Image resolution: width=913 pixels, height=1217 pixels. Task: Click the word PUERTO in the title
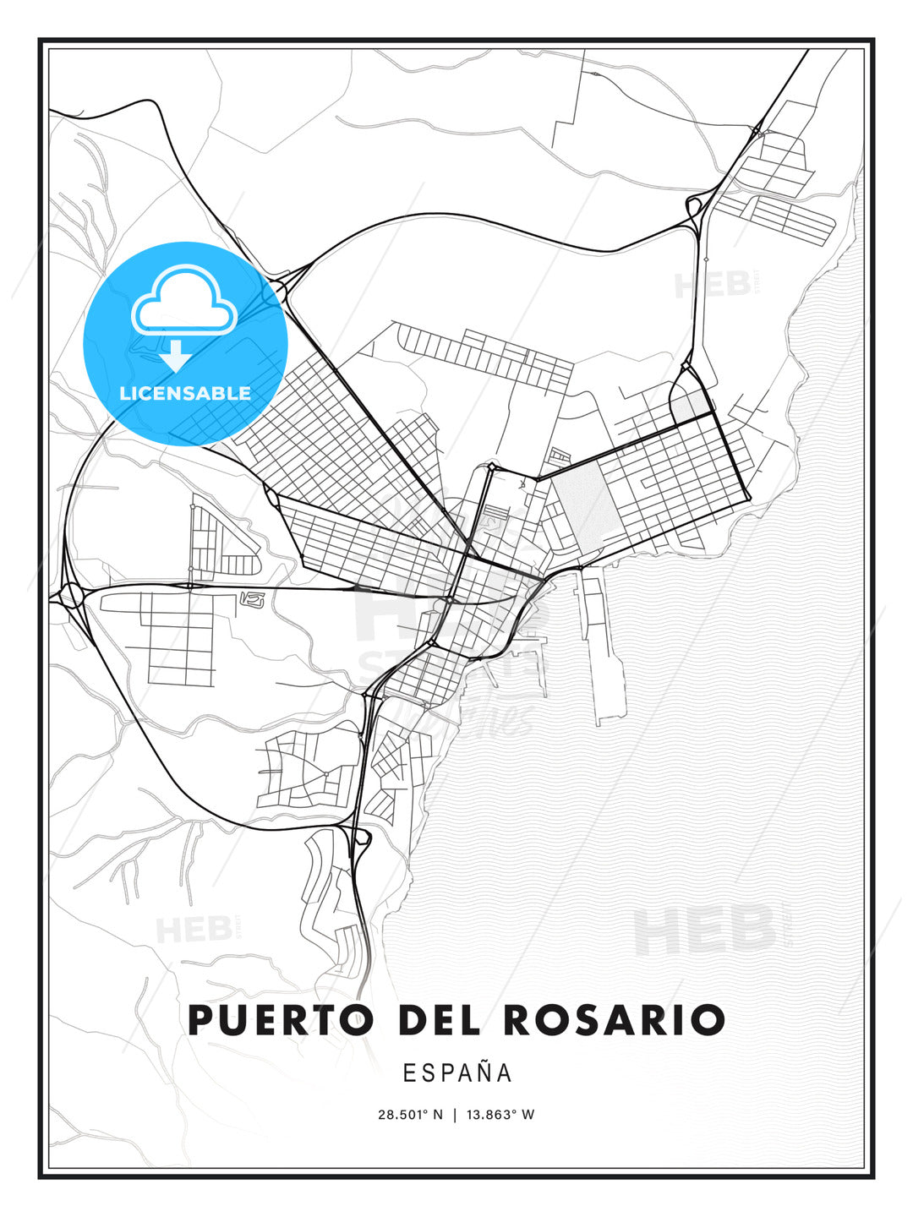pyautogui.click(x=280, y=1020)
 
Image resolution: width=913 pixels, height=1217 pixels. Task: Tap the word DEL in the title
pyautogui.click(x=437, y=1020)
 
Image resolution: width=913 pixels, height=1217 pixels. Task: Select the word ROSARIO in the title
pyautogui.click(x=615, y=1020)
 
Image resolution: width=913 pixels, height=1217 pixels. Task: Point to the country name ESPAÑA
pyautogui.click(x=457, y=1072)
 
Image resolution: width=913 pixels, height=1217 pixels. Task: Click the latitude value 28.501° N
pyautogui.click(x=410, y=1115)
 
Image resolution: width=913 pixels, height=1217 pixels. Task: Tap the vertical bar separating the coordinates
pyautogui.click(x=456, y=1115)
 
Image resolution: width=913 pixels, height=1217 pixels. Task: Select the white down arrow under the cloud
pyautogui.click(x=176, y=356)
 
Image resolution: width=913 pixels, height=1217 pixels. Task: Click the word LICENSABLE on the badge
pyautogui.click(x=185, y=393)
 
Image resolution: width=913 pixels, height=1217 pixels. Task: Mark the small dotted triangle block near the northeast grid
pyautogui.click(x=691, y=405)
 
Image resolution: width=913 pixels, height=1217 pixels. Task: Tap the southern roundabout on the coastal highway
pyautogui.click(x=361, y=839)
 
